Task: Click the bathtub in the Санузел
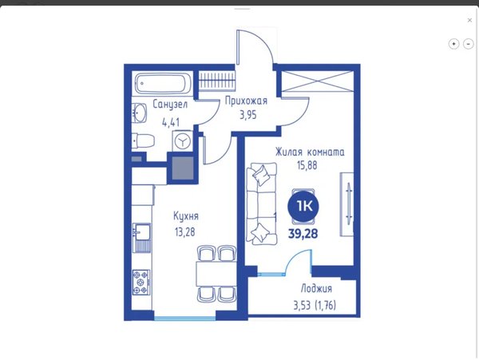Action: (163, 83)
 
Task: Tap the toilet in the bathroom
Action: (143, 141)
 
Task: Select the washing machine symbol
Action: (182, 140)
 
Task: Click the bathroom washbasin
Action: (139, 113)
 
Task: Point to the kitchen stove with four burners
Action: (141, 282)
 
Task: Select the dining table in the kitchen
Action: (216, 274)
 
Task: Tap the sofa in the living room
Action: (262, 204)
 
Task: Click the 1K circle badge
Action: (303, 207)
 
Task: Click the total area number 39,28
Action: (303, 234)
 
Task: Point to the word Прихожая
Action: (246, 101)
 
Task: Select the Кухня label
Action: (186, 216)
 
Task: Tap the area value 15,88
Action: (307, 165)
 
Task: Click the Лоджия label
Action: (316, 288)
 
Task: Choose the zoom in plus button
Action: (453, 44)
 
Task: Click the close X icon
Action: (470, 20)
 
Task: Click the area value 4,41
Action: (171, 123)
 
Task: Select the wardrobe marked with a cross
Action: (317, 81)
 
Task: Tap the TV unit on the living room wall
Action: (347, 204)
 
